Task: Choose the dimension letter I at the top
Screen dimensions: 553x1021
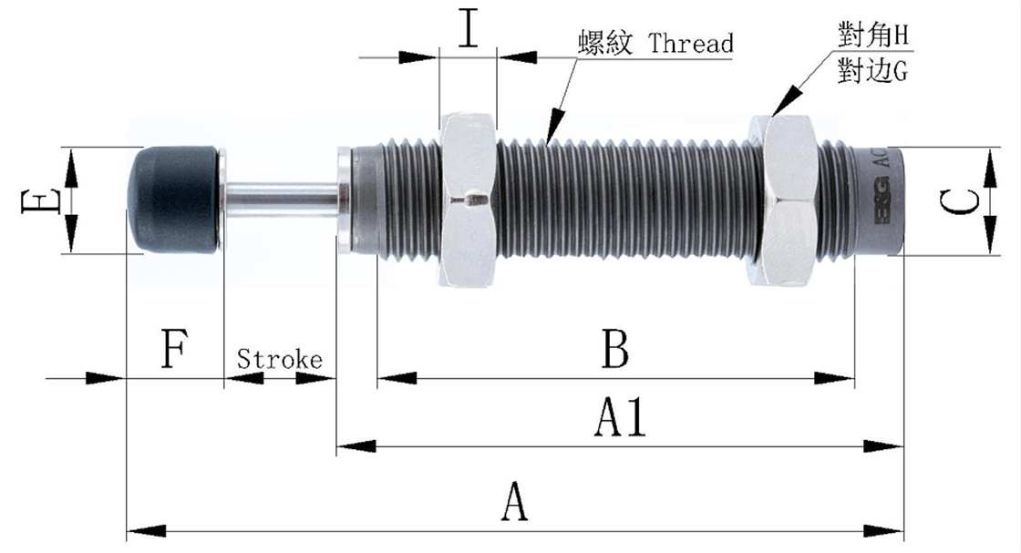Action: pos(468,29)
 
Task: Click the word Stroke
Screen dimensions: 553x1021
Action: pos(280,359)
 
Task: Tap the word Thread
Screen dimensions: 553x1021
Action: pos(690,43)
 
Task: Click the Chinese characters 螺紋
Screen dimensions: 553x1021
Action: pos(604,43)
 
